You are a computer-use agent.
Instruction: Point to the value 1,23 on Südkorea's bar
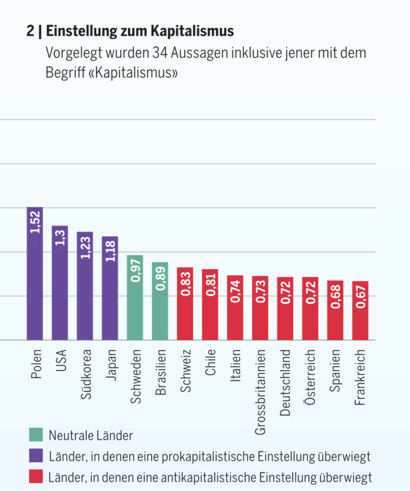85,247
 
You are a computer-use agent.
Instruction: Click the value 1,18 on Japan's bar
110,251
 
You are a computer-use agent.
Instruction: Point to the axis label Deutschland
286,382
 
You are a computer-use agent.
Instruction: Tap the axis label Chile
210,363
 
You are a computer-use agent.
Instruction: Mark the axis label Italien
235,365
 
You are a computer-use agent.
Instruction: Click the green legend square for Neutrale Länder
35,434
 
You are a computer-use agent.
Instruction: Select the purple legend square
35,456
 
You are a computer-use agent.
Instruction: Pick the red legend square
35,476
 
